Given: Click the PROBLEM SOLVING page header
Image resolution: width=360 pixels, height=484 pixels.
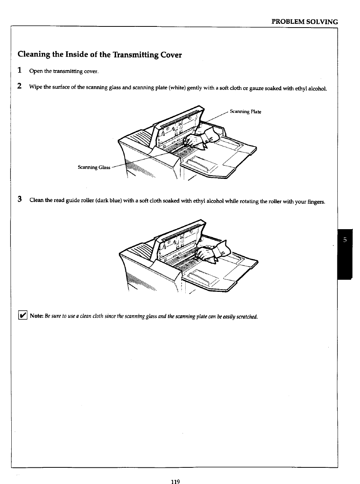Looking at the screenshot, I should tap(305, 22).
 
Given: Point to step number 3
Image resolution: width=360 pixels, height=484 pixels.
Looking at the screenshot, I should tap(20, 200).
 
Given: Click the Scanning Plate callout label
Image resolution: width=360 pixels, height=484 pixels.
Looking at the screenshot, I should tap(245, 112).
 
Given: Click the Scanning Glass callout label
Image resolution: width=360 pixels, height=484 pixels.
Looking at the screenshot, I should tap(94, 167).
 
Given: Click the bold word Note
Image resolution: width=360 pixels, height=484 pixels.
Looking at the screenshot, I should tap(37, 316).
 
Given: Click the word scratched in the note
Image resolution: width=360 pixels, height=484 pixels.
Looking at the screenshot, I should tap(247, 316).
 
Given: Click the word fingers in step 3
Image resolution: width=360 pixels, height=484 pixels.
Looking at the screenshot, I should tap(315, 202).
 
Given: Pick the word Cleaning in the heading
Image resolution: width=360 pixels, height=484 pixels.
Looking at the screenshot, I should tap(34, 55).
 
